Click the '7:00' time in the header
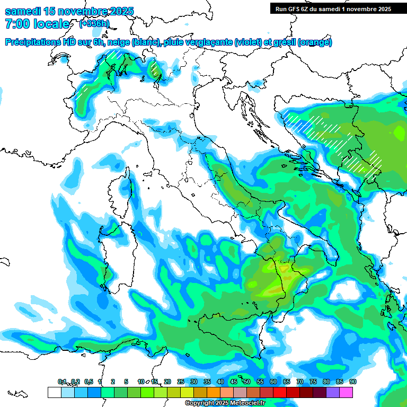coord(16,24)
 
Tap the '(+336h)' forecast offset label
coord(94,23)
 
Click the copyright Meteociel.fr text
coord(225,403)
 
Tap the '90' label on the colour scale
coord(352,382)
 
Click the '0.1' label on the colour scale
coord(62,382)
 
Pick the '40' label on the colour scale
coord(220,382)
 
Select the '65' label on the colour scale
coord(286,382)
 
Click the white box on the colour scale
coord(54,392)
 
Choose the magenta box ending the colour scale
coord(346,392)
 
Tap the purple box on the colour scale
coord(333,392)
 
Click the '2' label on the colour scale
coord(113,382)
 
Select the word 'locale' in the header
coord(52,24)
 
